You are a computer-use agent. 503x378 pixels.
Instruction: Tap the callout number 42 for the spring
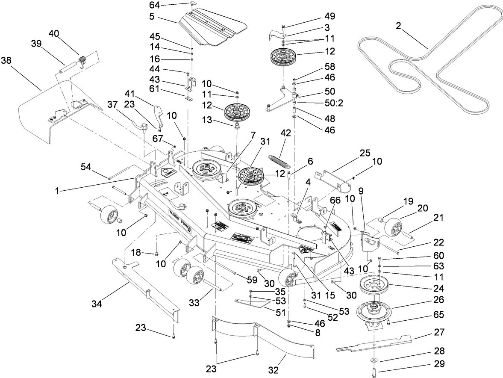point(285,133)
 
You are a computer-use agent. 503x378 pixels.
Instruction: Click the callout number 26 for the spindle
point(438,299)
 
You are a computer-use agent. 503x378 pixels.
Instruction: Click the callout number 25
point(364,152)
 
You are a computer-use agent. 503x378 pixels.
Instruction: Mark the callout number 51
point(280,312)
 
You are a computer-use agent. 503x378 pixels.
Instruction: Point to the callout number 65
point(438,315)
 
